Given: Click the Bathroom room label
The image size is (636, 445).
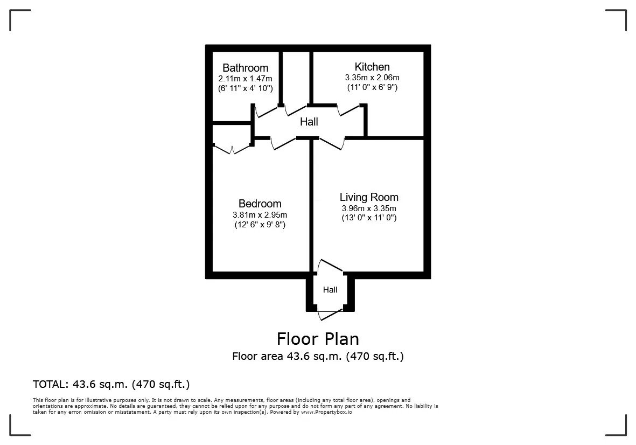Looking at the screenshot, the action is [x=246, y=68].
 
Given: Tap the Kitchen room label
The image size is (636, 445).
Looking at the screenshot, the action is [x=372, y=67].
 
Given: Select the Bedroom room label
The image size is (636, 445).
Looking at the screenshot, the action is [x=260, y=203].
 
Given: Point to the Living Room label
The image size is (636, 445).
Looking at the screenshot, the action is [x=369, y=198].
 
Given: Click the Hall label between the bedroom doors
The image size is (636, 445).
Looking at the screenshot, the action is [x=309, y=122].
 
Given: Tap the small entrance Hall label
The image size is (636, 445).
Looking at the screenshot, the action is [x=330, y=290].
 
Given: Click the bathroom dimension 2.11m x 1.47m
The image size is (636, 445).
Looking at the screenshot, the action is [x=246, y=79].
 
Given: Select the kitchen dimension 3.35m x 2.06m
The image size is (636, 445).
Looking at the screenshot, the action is [x=372, y=78].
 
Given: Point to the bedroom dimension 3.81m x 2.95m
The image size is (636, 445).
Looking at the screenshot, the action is [x=260, y=215].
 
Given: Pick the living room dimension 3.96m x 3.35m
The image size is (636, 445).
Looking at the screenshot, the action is [x=369, y=208].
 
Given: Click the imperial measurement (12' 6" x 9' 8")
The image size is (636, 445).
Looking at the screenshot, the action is [x=260, y=224].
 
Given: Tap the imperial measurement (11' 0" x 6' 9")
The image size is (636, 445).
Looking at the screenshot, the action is [x=372, y=87].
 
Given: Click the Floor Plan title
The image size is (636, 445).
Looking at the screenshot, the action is [x=318, y=339].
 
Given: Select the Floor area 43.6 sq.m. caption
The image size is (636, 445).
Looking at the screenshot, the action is [x=318, y=357].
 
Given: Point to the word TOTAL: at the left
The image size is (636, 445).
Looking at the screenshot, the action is [x=51, y=384].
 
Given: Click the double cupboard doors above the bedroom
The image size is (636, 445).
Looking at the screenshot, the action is [x=232, y=149].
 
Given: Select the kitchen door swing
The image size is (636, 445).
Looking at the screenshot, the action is [x=349, y=109].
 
